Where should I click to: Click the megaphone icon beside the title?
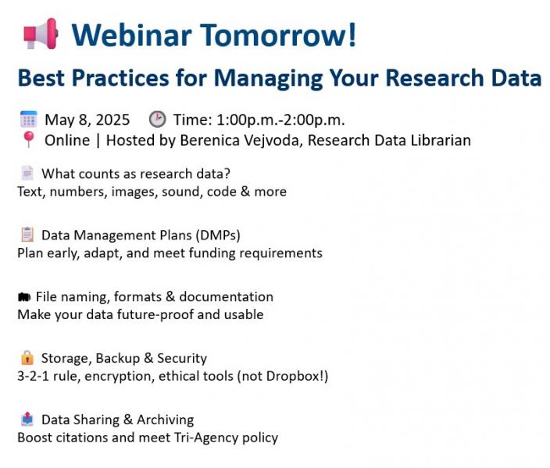point(41,34)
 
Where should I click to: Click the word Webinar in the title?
point(131,34)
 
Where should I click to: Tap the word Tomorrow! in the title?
point(278,34)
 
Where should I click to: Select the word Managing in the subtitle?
point(268,78)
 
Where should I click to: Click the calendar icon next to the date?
point(29,119)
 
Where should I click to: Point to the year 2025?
point(112,120)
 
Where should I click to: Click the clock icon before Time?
point(158,119)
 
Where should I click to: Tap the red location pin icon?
point(29,140)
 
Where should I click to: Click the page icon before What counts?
point(27,172)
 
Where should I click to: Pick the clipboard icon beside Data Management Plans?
point(27,234)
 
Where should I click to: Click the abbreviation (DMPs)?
point(218,235)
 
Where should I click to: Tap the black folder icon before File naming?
point(24,297)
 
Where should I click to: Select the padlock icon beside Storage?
point(27,357)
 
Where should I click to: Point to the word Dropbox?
point(295,376)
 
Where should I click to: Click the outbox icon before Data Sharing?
point(27,419)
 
